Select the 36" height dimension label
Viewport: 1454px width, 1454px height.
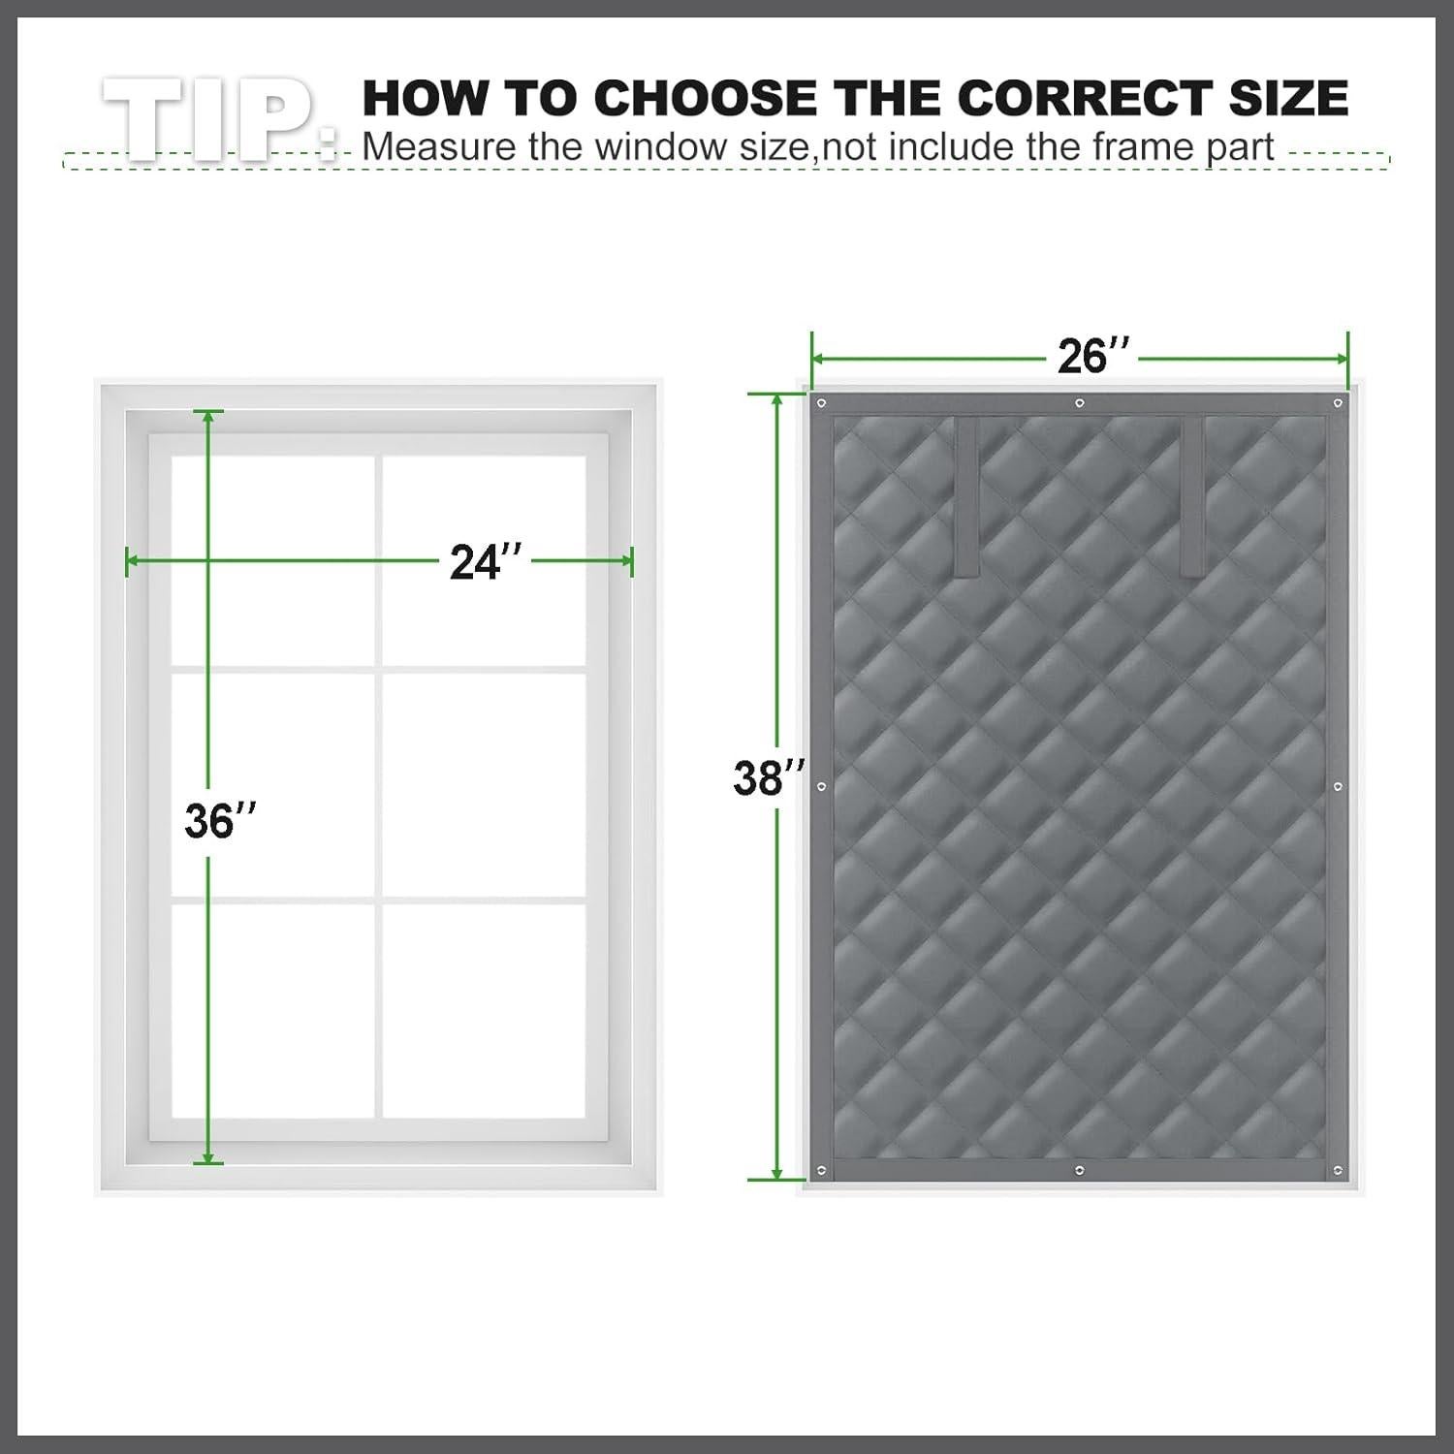tap(221, 821)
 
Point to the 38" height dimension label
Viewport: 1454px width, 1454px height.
tap(769, 777)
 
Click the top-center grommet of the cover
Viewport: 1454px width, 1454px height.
tap(1079, 403)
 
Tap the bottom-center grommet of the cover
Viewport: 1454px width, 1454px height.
tap(1078, 1173)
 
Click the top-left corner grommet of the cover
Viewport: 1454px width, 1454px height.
tap(822, 403)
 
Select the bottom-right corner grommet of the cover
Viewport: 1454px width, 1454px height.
tap(1338, 1173)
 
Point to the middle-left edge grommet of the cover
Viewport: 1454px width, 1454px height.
tap(822, 787)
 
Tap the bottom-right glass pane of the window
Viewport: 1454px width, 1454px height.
tap(484, 1008)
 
